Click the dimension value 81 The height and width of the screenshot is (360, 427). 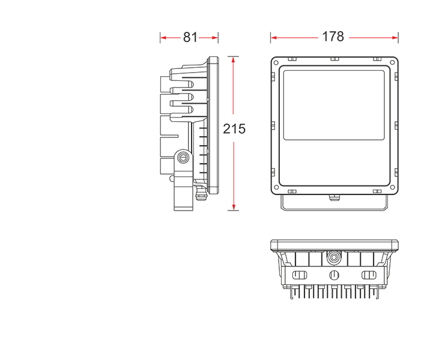point(190,37)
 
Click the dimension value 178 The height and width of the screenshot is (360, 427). point(333,37)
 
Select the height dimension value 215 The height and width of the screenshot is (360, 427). point(234,129)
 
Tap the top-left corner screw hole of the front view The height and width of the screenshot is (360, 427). point(276,62)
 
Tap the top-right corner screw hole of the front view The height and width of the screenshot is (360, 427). point(392,62)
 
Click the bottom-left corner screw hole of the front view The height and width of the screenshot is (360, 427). point(276,187)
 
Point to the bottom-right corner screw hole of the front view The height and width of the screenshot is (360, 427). point(392,187)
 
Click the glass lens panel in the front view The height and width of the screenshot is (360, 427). point(334,106)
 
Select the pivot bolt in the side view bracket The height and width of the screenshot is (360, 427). point(183,157)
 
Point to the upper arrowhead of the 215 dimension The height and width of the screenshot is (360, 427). point(233,59)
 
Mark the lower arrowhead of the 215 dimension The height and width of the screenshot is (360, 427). point(234,207)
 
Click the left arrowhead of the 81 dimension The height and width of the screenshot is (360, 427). point(163,38)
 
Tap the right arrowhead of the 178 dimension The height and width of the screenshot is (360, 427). point(395,38)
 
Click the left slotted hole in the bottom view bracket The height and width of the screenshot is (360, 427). point(299,275)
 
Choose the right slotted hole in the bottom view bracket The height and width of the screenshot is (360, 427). point(369,275)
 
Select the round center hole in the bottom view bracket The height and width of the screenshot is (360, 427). point(334,275)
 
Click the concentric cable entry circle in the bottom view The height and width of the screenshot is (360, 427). point(334,257)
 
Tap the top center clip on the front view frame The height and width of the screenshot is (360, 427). point(335,59)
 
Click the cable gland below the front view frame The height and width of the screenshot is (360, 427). point(334,197)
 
